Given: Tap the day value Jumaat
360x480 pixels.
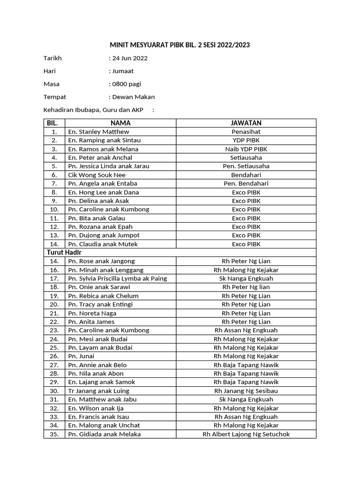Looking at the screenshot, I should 122,71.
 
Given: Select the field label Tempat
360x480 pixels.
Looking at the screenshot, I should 55,97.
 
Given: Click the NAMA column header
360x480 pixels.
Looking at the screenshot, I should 120,123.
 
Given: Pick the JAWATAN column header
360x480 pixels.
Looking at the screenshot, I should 246,123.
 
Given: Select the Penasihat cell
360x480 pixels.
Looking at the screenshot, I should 246,132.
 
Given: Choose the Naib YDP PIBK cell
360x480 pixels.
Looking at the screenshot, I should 246,149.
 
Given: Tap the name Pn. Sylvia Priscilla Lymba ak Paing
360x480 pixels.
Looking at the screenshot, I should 118,278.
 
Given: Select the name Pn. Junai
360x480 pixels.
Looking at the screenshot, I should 82,356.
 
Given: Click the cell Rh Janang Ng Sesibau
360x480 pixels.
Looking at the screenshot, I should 246,391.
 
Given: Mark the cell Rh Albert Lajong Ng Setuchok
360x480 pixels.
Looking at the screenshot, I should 246,434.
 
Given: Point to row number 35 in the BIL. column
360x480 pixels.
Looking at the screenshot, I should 54,434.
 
